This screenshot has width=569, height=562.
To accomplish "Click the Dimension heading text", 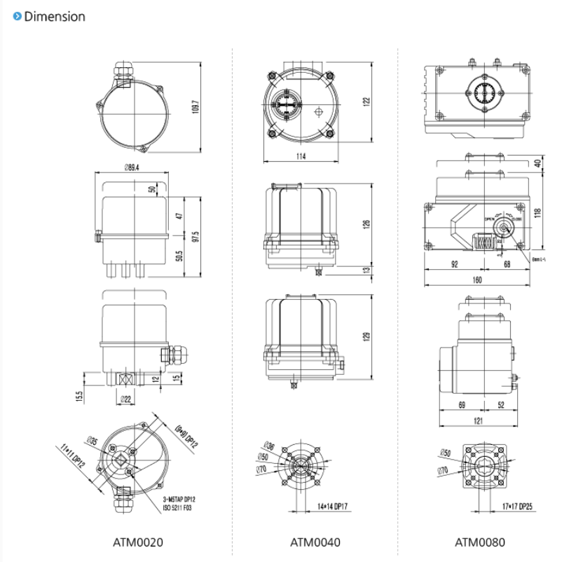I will (x=55, y=16).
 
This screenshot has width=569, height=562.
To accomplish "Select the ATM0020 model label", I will (x=138, y=541).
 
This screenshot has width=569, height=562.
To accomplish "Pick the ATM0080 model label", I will (x=479, y=541).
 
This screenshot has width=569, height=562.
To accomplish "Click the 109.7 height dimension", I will (x=196, y=107).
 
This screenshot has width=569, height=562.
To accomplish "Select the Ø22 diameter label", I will (x=127, y=399).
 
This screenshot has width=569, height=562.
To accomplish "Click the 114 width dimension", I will (x=301, y=156).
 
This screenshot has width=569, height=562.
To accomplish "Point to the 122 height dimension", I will (x=365, y=102).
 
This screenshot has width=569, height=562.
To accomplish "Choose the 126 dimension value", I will (x=365, y=224).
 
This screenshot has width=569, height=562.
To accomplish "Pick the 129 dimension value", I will (x=365, y=336).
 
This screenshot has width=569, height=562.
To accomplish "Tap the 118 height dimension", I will (x=537, y=213).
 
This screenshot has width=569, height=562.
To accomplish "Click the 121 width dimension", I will (x=477, y=420).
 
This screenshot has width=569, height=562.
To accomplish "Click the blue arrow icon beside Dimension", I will (x=17, y=15).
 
